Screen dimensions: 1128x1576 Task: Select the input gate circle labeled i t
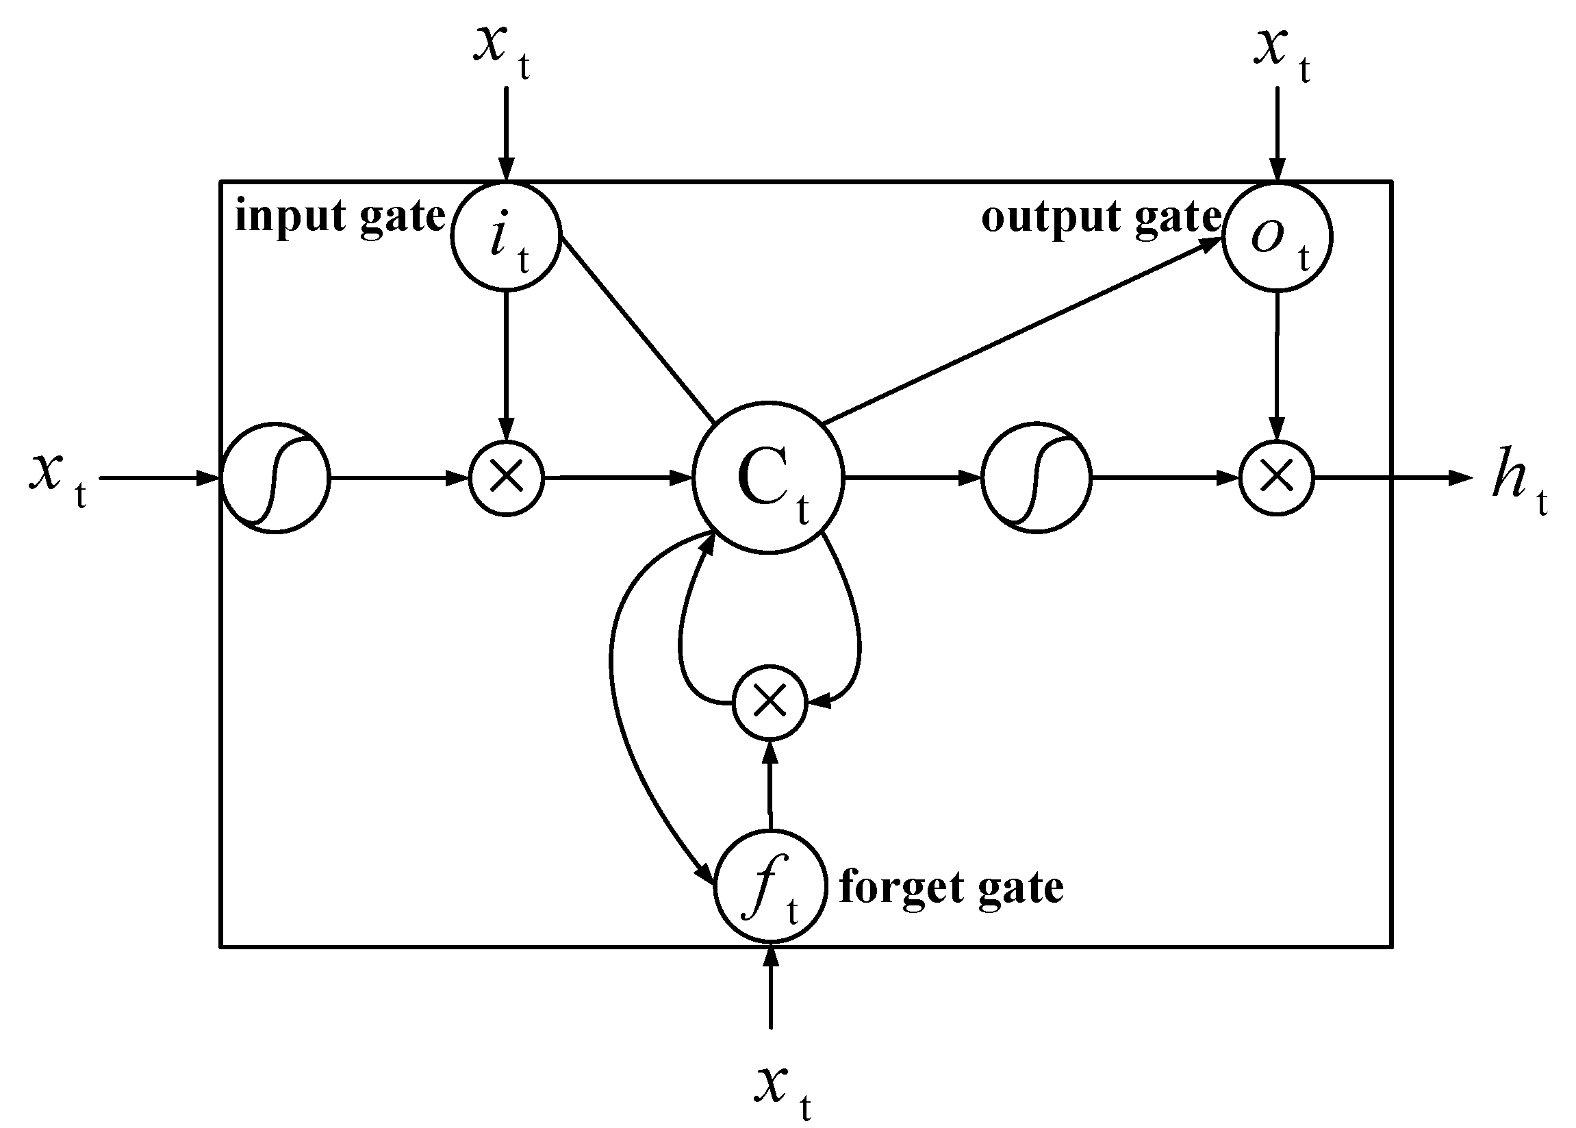pyautogui.click(x=505, y=236)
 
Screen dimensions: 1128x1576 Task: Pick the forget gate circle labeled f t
pyautogui.click(x=770, y=886)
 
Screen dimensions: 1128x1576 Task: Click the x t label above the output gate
pyautogui.click(x=1281, y=53)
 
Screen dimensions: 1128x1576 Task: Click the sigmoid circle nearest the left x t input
pyautogui.click(x=275, y=478)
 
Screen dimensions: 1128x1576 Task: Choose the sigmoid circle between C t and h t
pyautogui.click(x=1036, y=478)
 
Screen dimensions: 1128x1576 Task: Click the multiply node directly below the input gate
pyautogui.click(x=506, y=478)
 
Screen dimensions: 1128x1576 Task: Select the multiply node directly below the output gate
pyautogui.click(x=1276, y=478)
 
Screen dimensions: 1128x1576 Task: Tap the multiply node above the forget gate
pyautogui.click(x=770, y=703)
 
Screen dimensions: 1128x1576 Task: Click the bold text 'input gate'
pyautogui.click(x=340, y=216)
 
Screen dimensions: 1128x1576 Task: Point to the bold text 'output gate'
pyautogui.click(x=1100, y=216)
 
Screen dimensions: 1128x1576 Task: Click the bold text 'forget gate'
pyautogui.click(x=951, y=888)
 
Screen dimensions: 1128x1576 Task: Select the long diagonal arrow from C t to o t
pyautogui.click(x=1021, y=331)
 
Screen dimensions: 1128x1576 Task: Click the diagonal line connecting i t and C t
pyautogui.click(x=637, y=329)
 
